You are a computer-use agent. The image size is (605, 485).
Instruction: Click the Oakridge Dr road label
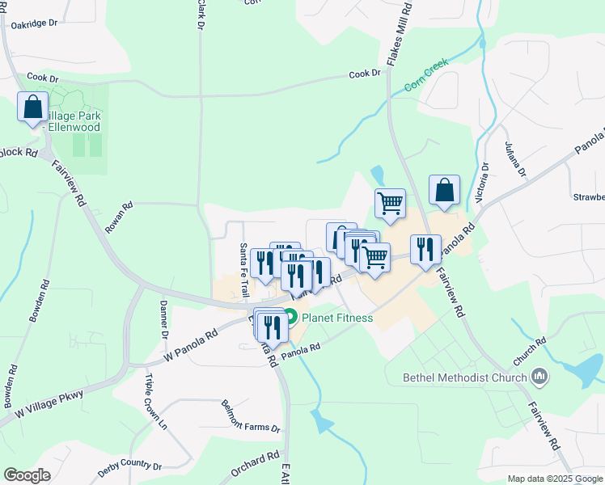tap(34, 23)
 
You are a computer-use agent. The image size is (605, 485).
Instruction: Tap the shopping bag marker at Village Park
tap(33, 108)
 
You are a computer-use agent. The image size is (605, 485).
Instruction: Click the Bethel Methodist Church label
tap(465, 377)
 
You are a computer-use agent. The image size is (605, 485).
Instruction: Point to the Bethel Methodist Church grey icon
tap(539, 377)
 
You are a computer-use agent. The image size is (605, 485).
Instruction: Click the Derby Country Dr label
tap(129, 466)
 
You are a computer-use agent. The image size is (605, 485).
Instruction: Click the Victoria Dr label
tap(484, 181)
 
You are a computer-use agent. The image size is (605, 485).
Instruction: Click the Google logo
tap(27, 475)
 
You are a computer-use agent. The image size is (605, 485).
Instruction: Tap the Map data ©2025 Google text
tap(554, 479)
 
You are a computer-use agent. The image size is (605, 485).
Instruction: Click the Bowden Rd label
tap(40, 302)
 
